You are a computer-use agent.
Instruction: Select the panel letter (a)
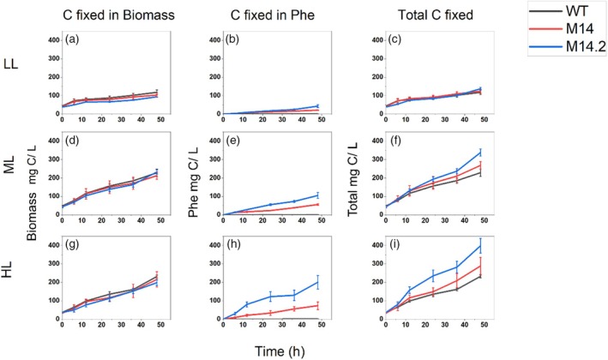[70, 41]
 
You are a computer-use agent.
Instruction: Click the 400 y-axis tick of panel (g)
[52, 244]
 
